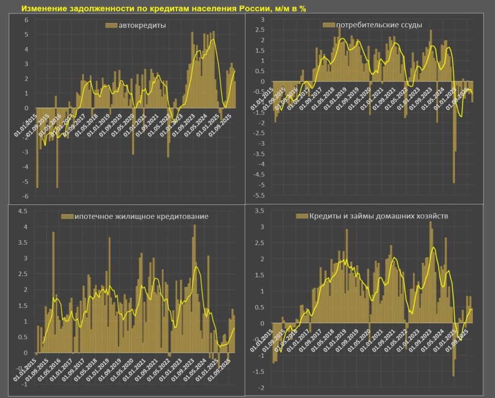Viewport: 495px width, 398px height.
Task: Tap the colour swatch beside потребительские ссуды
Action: tap(328, 25)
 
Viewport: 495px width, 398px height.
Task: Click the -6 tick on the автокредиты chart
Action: tap(24, 196)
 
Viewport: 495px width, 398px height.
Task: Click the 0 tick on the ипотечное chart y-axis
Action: tap(25, 353)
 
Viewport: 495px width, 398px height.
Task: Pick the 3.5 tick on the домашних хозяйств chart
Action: tap(260, 211)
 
